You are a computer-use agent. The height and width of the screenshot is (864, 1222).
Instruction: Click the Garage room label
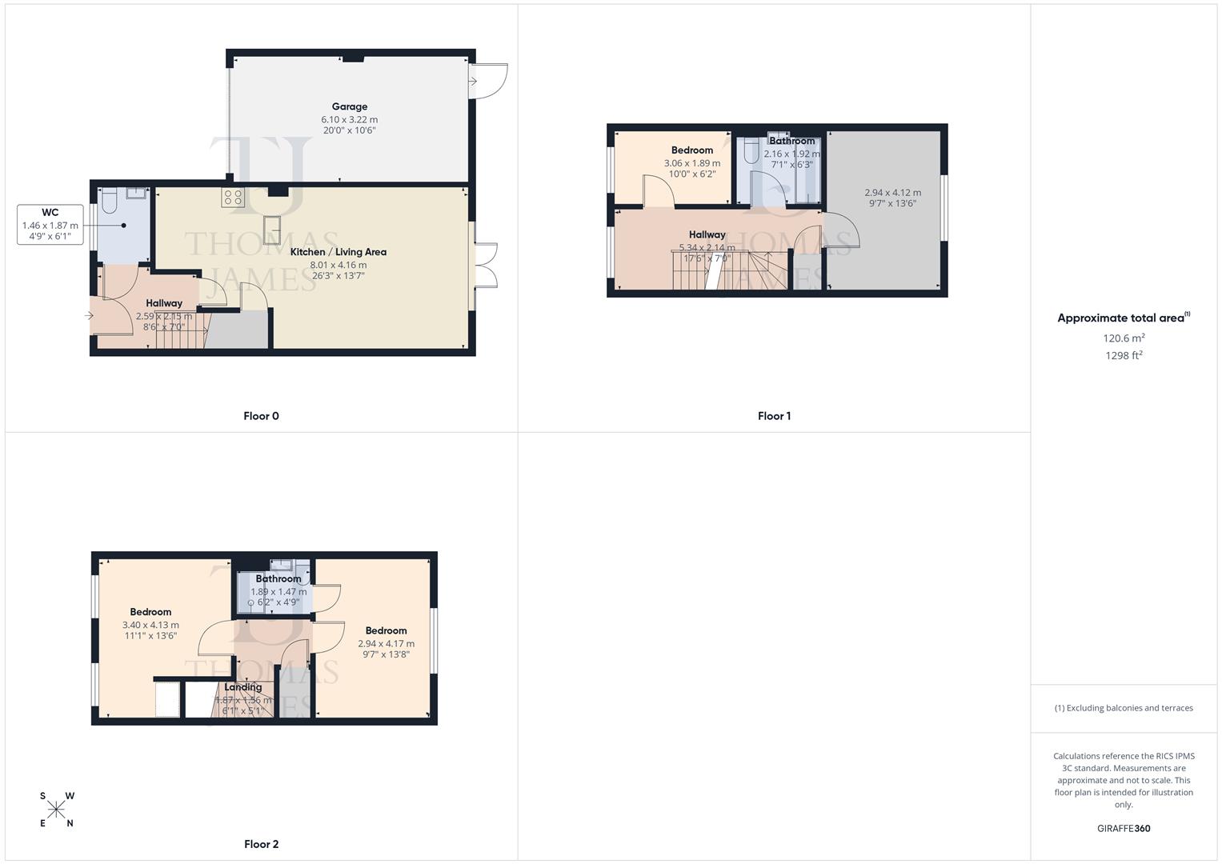click(350, 106)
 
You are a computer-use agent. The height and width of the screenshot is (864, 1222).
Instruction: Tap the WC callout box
click(50, 225)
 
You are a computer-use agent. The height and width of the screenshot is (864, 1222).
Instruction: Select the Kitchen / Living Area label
click(338, 252)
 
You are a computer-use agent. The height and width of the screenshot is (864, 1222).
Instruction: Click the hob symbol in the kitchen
click(234, 197)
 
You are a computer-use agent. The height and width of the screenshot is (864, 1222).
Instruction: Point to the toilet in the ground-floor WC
click(110, 200)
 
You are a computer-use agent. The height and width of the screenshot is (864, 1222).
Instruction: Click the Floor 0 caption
click(261, 416)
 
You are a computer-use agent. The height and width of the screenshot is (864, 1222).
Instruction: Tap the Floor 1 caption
click(774, 416)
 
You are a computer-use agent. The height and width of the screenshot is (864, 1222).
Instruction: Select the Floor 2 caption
click(261, 844)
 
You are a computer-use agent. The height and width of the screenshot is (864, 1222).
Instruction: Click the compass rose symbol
click(56, 810)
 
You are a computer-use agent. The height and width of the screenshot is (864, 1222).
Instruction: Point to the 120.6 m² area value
click(1124, 338)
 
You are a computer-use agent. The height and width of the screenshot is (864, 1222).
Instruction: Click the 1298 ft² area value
click(1124, 356)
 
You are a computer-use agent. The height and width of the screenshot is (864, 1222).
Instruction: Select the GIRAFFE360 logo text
click(1124, 828)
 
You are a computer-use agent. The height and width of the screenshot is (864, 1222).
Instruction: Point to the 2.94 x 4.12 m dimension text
click(892, 193)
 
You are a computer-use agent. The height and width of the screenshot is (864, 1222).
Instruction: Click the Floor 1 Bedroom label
click(692, 150)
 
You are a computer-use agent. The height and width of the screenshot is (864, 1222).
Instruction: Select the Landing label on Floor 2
click(242, 687)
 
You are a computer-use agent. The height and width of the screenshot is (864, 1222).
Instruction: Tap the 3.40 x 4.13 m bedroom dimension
click(150, 625)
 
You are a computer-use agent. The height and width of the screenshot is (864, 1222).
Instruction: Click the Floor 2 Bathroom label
click(278, 578)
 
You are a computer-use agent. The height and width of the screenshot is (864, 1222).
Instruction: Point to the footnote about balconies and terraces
click(1124, 708)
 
